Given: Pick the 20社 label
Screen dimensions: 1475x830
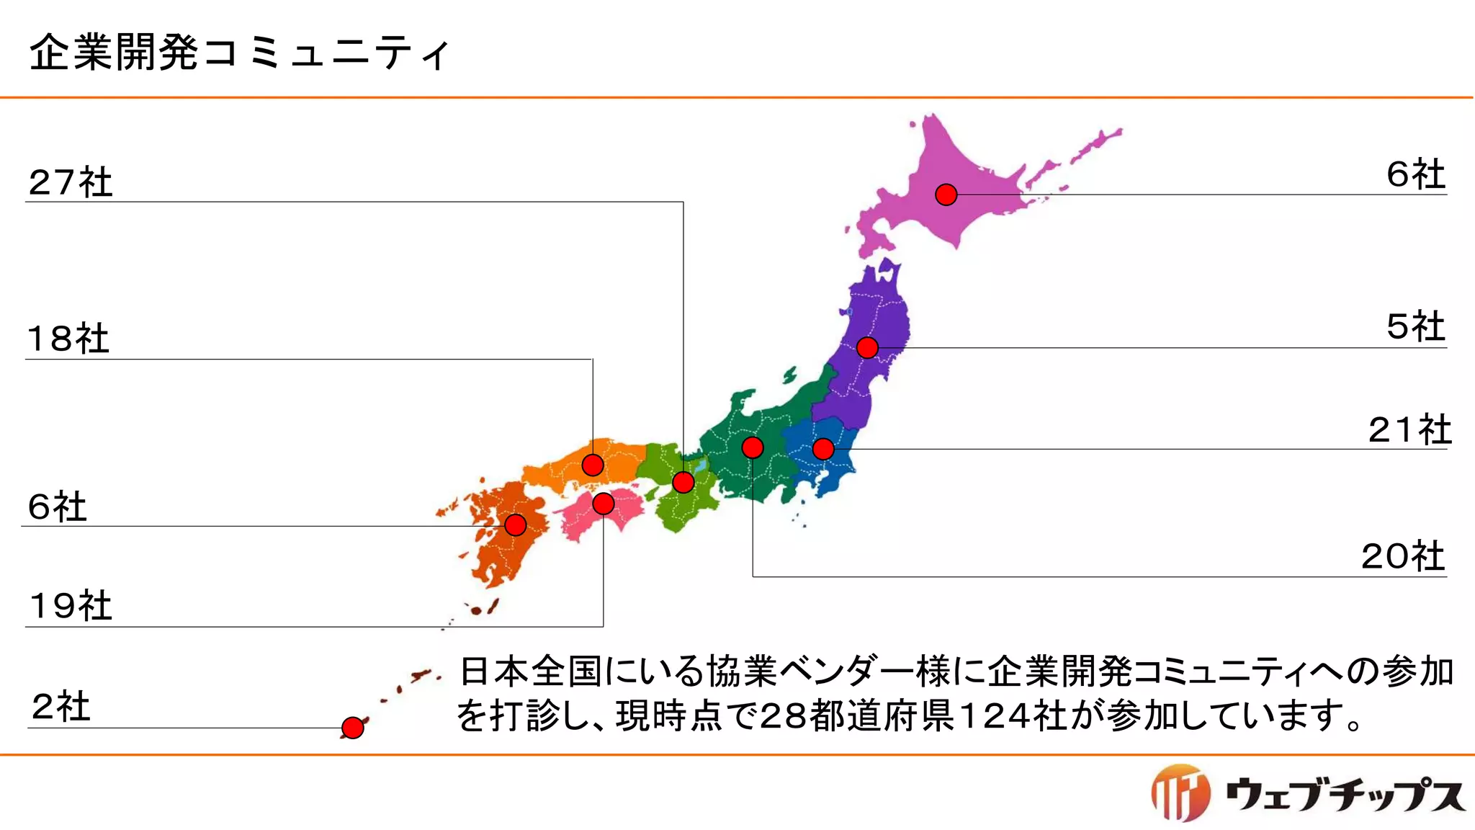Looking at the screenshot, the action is (1403, 556).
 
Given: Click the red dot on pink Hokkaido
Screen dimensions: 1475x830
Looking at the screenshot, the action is (946, 195).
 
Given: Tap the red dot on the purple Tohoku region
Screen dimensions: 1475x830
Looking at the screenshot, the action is (867, 348).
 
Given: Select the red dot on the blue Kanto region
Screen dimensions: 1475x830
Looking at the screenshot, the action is (823, 449).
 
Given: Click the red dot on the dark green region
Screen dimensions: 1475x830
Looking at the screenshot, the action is (753, 447).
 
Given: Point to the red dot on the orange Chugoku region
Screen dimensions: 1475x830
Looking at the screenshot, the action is (593, 465).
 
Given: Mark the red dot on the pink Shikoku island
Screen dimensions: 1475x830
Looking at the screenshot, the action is (604, 504).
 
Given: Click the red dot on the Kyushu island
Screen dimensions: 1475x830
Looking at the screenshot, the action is (516, 525).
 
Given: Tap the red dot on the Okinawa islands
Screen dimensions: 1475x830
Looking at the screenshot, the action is (352, 728).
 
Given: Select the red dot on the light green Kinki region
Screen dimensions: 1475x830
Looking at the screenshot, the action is (683, 482).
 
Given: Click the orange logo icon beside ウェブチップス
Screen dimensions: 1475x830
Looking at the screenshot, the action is (1180, 793).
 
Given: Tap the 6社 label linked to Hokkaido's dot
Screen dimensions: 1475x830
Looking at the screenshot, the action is (1415, 174).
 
